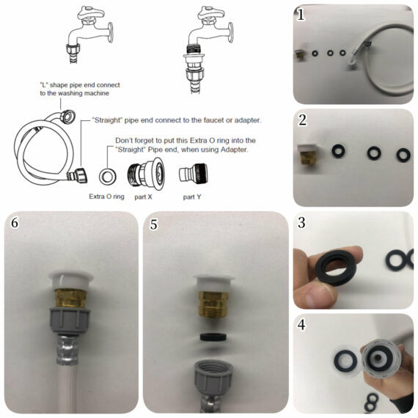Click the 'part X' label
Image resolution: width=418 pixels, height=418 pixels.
143,197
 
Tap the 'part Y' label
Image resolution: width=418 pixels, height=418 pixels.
192,197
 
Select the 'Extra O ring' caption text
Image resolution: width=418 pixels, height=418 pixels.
106,197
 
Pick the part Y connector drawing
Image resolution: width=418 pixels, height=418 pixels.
193,174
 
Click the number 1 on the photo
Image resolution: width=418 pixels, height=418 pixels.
301,15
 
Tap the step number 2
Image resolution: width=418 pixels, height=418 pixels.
302,120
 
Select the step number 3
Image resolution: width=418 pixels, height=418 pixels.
301,223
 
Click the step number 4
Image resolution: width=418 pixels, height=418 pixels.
301,325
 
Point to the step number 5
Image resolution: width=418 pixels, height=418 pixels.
153,224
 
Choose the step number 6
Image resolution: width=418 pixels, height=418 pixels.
15,223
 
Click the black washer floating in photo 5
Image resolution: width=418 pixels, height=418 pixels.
213,337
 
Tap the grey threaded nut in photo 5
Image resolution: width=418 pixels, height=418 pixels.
213,378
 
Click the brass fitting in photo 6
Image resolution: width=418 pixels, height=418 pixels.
70,299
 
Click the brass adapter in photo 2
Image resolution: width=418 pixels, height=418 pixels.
308,157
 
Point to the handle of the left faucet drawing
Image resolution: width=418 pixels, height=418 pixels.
91,13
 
